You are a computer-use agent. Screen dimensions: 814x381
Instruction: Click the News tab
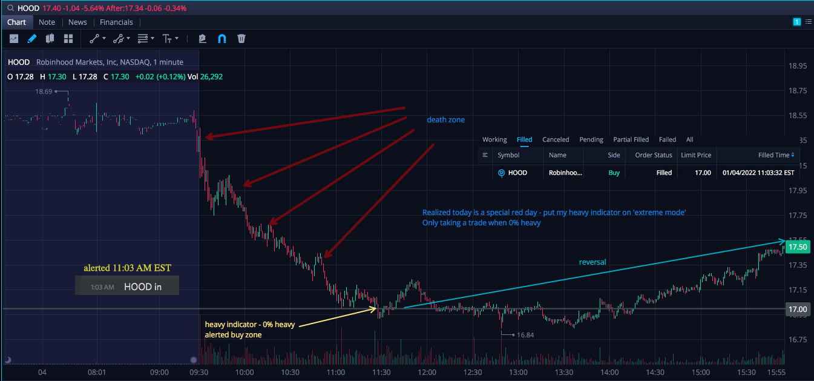77,22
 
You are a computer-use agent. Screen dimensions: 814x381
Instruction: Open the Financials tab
116,22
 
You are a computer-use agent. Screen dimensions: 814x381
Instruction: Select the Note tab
47,22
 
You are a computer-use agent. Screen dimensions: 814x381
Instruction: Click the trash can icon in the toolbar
241,39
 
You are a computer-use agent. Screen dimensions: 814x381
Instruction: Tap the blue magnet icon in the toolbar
222,39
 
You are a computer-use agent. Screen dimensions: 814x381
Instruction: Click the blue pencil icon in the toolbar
32,39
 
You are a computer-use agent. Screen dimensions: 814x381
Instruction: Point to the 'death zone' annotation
445,119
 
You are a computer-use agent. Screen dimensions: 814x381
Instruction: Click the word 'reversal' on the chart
592,262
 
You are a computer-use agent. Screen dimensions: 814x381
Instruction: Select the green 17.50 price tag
798,247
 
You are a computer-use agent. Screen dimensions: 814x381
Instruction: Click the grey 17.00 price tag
798,309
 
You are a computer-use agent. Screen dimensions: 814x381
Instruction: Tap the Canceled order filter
556,139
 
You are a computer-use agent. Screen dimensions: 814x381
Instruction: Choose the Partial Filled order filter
631,139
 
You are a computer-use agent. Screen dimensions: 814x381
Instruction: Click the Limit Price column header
696,155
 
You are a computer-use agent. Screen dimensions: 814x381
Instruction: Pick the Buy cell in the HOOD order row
614,173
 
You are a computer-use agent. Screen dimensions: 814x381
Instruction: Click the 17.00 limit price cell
703,173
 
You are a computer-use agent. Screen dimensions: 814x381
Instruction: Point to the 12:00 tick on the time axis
427,373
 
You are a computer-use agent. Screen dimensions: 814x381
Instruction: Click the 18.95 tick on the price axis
798,66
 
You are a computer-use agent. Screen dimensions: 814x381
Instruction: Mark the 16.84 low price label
525,335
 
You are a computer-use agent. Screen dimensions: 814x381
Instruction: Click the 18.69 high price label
44,91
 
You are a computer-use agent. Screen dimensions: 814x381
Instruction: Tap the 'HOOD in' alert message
143,287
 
